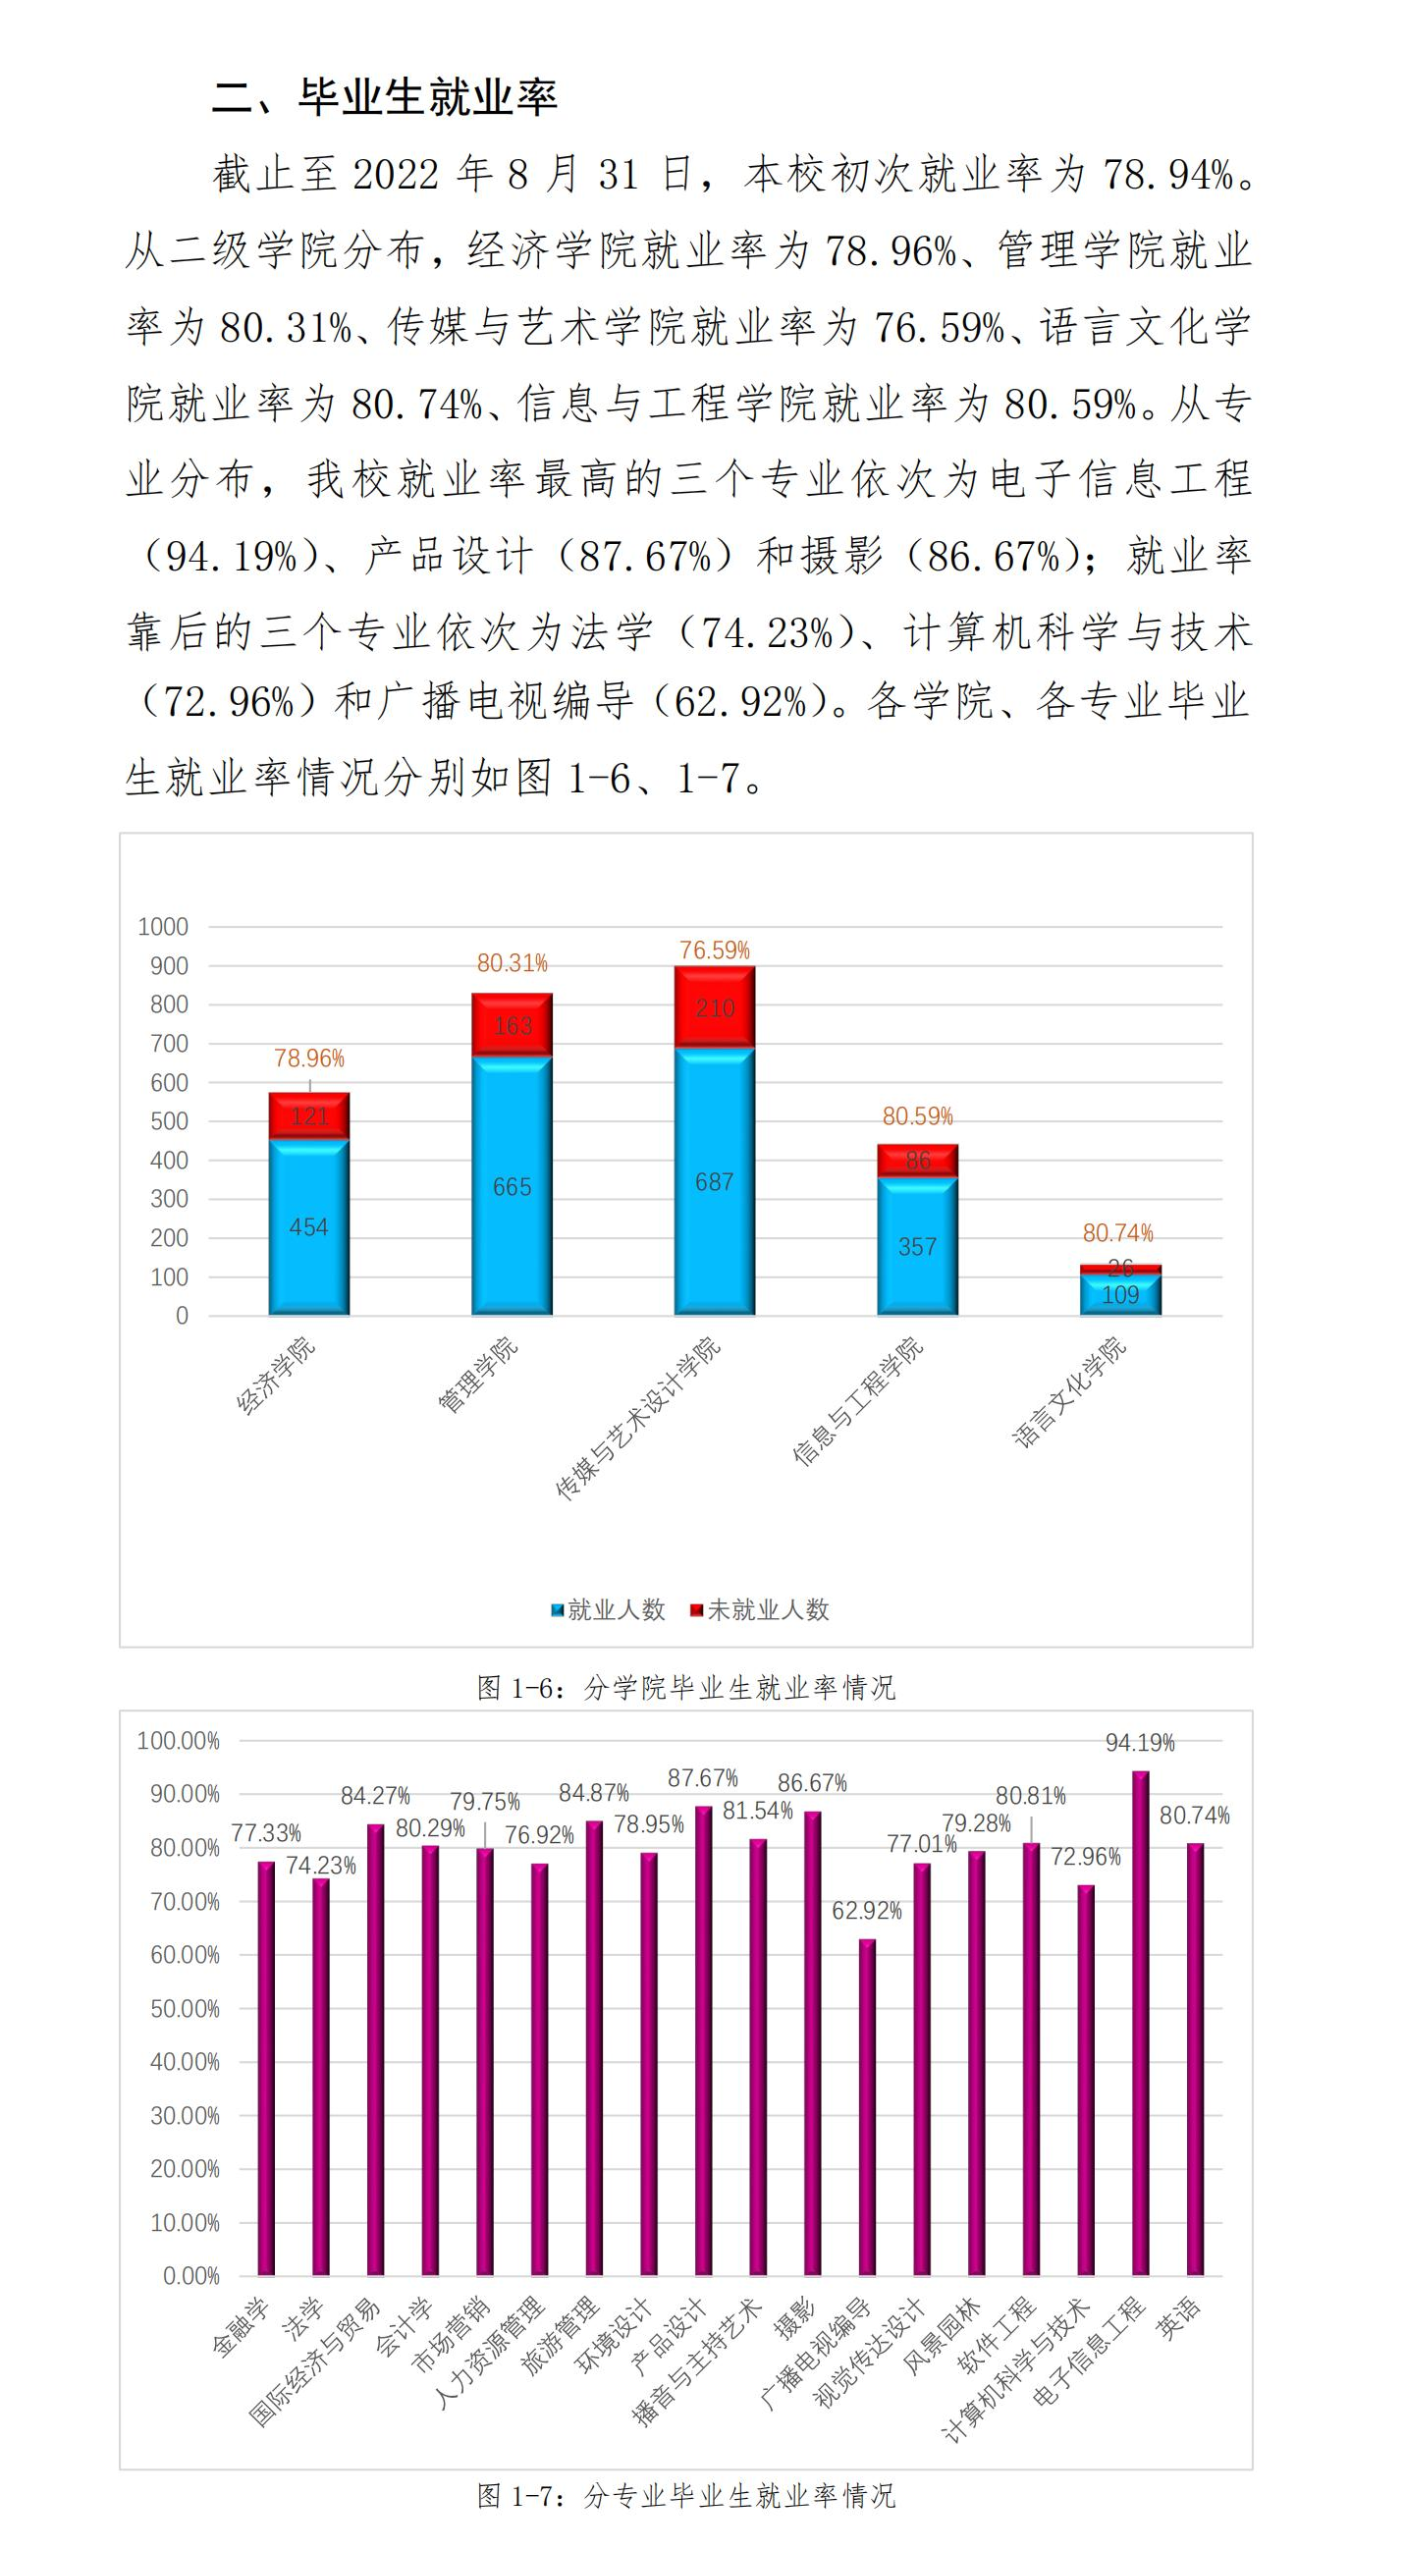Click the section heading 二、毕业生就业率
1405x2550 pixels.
[385, 97]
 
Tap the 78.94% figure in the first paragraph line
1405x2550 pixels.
[1168, 175]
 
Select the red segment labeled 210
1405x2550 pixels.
[714, 1006]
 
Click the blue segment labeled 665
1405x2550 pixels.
[512, 1185]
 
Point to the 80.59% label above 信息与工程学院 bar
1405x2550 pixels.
[917, 1116]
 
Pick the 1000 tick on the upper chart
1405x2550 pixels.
[163, 927]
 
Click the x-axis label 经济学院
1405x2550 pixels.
[275, 1376]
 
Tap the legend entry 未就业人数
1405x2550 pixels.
[759, 1609]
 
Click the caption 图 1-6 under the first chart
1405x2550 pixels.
[685, 1687]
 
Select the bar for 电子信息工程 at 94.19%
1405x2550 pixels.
[1141, 2020]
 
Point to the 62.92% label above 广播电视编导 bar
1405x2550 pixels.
[866, 1911]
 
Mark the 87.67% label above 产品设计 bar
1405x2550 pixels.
[703, 1778]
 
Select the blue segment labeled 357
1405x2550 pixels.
[917, 1245]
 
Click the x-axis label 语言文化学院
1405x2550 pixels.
[1069, 1391]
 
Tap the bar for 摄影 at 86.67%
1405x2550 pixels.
[812, 2041]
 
